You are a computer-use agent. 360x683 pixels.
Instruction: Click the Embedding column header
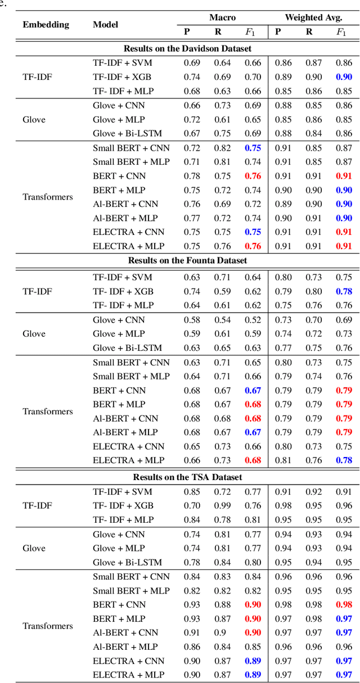tap(46, 25)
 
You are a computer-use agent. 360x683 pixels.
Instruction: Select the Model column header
tap(105, 25)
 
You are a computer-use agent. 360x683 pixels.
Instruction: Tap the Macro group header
tap(222, 18)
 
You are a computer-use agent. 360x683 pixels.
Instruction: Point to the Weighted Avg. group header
tap(313, 18)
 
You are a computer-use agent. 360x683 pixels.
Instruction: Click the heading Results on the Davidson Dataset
tap(187, 49)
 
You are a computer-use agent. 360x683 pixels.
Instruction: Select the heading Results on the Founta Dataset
tap(187, 260)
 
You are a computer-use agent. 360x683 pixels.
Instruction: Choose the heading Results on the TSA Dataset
tap(187, 477)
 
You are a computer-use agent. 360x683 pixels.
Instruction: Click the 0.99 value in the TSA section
tap(222, 505)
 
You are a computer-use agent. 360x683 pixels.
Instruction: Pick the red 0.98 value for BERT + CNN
tap(343, 604)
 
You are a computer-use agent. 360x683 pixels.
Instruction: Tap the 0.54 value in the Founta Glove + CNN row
tap(222, 320)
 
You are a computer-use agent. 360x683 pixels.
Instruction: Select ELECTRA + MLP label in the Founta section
tap(129, 460)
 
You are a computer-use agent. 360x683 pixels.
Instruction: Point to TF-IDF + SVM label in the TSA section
tap(123, 491)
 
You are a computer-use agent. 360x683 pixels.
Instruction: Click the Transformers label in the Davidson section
tap(48, 197)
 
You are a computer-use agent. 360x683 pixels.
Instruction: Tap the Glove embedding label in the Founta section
tap(34, 334)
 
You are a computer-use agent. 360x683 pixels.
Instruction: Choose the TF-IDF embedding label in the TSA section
tap(37, 505)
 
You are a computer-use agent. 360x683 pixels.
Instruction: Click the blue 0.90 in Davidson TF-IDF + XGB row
tap(343, 77)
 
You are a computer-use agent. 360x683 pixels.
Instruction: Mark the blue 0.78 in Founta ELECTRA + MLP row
tap(343, 460)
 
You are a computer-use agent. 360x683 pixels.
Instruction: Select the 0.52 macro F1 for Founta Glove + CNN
tap(253, 320)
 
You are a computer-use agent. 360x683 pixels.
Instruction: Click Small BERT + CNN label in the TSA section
tap(131, 577)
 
